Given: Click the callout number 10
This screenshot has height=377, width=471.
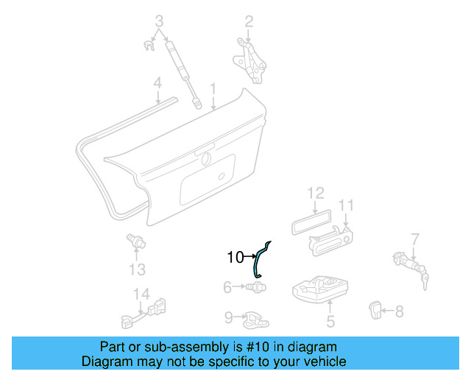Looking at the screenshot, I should tap(235, 257).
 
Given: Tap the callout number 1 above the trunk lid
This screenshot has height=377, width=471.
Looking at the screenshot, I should tap(213, 88).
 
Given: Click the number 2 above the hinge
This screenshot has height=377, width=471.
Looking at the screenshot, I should tap(249, 21).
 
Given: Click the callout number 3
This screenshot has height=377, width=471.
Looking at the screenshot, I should tap(159, 21).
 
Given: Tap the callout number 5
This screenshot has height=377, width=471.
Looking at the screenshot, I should tap(330, 320).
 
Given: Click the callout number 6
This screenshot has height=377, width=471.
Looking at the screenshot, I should tap(227, 286).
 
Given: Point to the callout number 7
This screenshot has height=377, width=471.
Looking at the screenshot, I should tap(415, 239).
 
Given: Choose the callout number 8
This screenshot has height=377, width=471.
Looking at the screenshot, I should tap(399, 311).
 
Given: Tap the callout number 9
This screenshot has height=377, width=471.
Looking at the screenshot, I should tap(229, 317).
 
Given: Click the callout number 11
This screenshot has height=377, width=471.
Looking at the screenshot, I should tap(347, 205).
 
